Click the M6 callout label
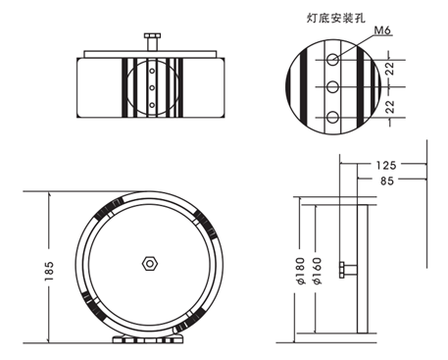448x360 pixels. (x=382, y=30)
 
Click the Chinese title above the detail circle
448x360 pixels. (x=335, y=18)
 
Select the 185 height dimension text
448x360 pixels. (x=49, y=271)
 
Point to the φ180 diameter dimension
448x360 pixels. (x=301, y=271)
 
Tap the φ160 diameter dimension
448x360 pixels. (x=317, y=271)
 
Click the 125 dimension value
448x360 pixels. (x=385, y=165)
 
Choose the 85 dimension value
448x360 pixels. (x=387, y=180)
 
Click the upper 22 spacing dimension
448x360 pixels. (x=390, y=69)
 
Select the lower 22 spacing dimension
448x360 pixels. (x=390, y=107)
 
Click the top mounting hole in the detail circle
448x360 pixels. (x=332, y=60)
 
